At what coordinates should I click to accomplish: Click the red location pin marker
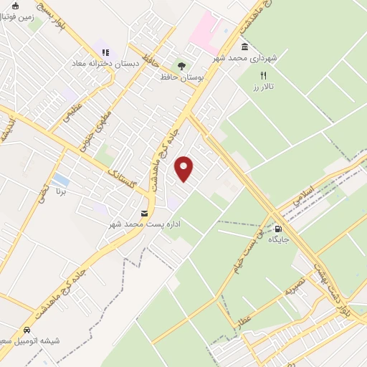click(184, 168)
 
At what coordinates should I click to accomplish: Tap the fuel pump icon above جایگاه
click(277, 229)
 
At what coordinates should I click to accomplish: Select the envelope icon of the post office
click(145, 214)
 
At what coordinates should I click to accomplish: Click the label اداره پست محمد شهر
click(146, 224)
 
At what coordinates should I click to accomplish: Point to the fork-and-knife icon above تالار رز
click(263, 75)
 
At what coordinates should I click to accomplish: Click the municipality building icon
click(245, 47)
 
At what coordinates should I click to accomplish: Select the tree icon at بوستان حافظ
click(181, 66)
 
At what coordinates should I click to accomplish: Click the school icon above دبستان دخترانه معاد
click(105, 52)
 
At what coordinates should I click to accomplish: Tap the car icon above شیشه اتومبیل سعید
click(27, 330)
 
